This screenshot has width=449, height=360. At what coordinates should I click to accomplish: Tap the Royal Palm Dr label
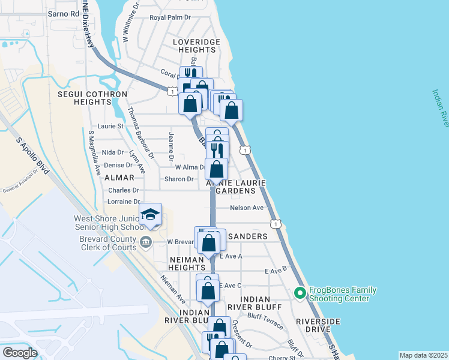coord(170,17)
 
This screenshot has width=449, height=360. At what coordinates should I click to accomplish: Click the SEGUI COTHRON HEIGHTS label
coord(92,98)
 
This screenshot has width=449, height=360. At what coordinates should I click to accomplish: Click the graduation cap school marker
coord(151,215)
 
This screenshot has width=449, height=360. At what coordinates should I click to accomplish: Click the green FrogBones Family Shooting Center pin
coord(300,293)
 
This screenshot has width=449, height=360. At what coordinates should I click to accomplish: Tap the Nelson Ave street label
coord(247,208)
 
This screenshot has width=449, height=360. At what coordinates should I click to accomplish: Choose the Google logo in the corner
coord(20,353)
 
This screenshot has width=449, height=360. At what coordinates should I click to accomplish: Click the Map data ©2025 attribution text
coord(423,355)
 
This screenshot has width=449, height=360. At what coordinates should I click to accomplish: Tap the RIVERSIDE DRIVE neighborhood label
coord(313,325)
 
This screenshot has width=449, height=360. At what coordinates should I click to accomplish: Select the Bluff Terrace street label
coord(265,321)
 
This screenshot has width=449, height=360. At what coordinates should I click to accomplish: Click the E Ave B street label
coord(276,271)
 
